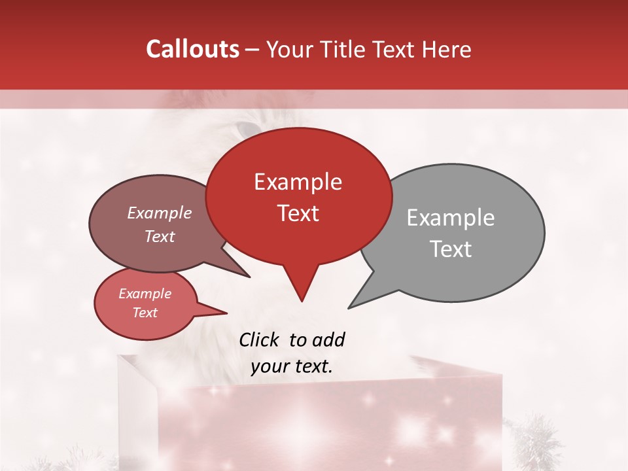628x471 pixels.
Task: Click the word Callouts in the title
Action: [x=192, y=49]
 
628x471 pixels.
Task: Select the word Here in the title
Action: [x=447, y=49]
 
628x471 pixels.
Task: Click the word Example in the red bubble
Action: [x=298, y=182]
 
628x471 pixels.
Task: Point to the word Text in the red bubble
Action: [x=298, y=213]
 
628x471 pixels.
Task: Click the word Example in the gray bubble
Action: [x=451, y=218]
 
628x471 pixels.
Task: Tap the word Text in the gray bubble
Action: [x=451, y=249]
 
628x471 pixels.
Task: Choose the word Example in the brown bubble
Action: [x=160, y=213]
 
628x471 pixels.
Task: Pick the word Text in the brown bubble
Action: [x=160, y=236]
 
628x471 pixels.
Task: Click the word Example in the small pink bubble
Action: [x=145, y=294]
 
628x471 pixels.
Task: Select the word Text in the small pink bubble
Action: [x=145, y=313]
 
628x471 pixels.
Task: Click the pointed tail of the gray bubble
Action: [x=357, y=302]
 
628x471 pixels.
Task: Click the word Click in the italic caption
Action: [x=260, y=340]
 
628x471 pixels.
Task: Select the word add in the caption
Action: [x=328, y=340]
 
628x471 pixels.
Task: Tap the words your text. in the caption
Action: [x=292, y=366]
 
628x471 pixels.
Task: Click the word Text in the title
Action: [x=392, y=49]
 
